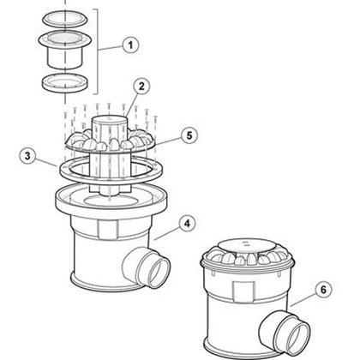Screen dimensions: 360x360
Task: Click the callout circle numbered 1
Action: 130,45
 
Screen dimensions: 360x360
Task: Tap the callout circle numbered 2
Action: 141,87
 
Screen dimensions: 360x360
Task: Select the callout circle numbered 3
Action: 27,156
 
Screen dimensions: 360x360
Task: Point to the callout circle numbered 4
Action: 187,224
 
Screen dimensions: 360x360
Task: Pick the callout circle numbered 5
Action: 189,135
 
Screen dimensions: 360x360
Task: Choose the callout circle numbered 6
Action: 323,290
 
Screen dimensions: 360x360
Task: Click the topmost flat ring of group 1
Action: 63,19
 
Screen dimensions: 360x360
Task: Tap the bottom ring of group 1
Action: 65,83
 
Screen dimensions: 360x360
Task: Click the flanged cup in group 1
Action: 64,49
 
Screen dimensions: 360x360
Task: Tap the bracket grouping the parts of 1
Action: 97,51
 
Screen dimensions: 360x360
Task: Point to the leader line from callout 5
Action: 169,141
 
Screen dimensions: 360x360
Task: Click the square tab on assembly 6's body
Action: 243,291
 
